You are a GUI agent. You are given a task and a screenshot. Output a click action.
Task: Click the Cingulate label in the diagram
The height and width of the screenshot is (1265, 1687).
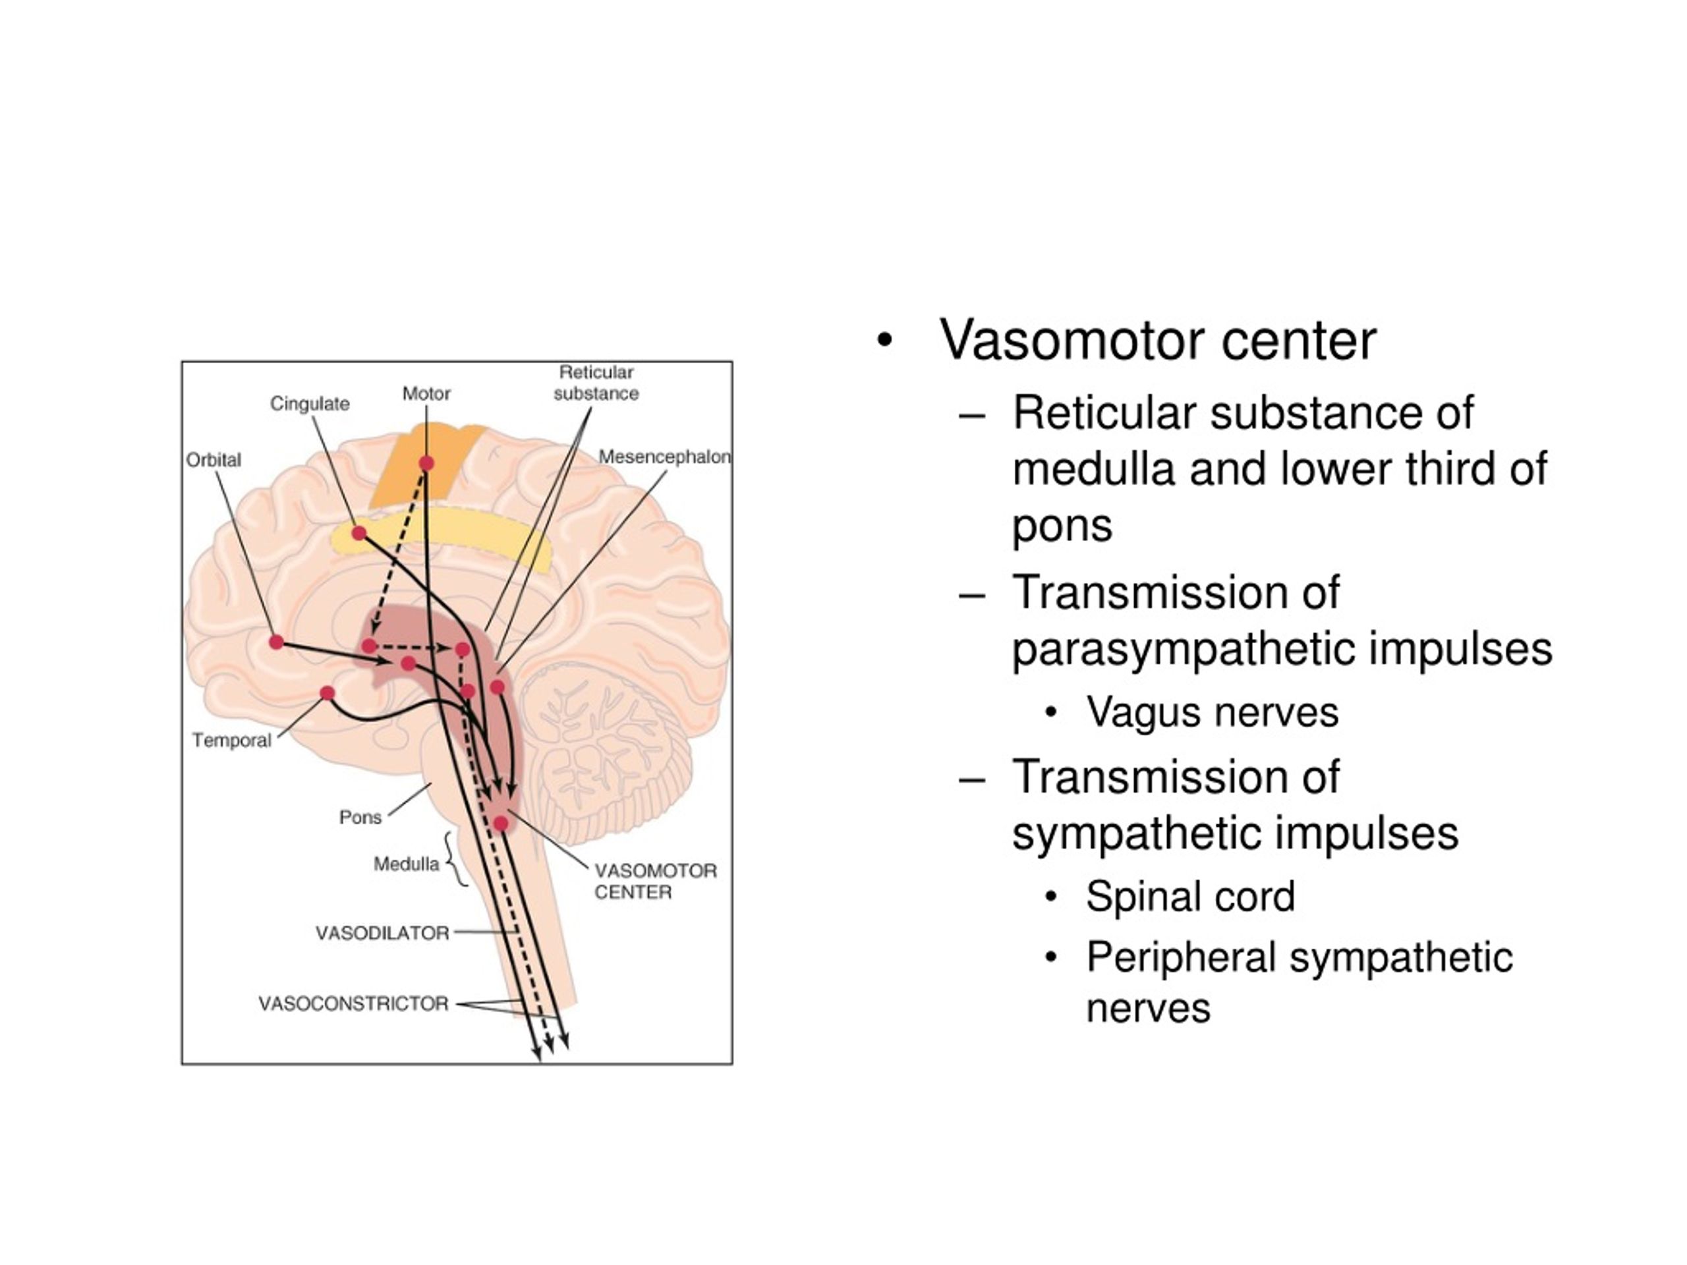pyautogui.click(x=310, y=403)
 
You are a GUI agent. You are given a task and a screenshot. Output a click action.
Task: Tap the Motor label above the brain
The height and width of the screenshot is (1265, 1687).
pyautogui.click(x=426, y=393)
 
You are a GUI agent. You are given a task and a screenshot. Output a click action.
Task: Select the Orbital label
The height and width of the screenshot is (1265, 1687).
pyautogui.click(x=214, y=460)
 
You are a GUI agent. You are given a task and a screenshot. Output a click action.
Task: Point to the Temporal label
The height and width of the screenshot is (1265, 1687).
pyautogui.click(x=232, y=740)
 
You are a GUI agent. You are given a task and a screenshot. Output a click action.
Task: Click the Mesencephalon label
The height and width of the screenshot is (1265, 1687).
pyautogui.click(x=664, y=457)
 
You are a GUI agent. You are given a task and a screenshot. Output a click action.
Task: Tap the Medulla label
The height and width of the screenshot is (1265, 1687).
pyautogui.click(x=407, y=864)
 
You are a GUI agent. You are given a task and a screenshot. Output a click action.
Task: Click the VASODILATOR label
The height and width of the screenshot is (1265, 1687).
pyautogui.click(x=382, y=934)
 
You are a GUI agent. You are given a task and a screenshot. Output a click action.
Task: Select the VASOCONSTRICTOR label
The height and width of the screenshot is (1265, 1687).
pyautogui.click(x=353, y=1003)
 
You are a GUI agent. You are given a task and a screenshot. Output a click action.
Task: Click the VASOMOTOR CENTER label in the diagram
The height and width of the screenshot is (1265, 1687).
pyautogui.click(x=655, y=882)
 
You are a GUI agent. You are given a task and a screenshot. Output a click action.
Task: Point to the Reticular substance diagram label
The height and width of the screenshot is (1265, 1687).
pyautogui.click(x=596, y=383)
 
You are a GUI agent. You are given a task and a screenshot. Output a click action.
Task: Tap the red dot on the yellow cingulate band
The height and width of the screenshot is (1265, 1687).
pyautogui.click(x=358, y=533)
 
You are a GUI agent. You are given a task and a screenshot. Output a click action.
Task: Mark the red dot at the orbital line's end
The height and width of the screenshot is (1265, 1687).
pyautogui.click(x=276, y=642)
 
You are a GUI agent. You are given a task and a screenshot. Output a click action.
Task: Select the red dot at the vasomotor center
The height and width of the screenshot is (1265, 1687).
pyautogui.click(x=501, y=823)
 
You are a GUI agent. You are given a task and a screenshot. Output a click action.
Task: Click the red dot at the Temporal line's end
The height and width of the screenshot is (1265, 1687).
pyautogui.click(x=327, y=692)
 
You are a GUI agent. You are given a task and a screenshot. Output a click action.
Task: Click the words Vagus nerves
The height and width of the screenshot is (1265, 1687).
pyautogui.click(x=1212, y=713)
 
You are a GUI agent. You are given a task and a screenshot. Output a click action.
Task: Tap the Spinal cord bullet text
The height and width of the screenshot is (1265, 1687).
pyautogui.click(x=1191, y=897)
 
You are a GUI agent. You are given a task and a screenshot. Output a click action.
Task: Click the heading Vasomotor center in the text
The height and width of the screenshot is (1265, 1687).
pyautogui.click(x=1158, y=340)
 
